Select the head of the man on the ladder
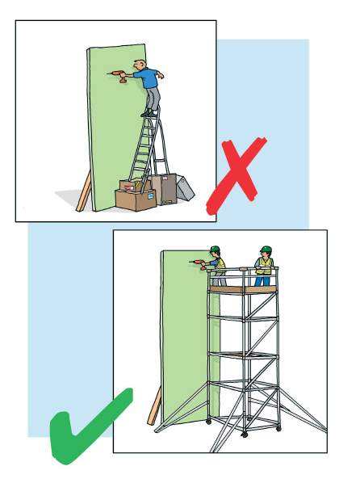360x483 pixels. click(x=143, y=64)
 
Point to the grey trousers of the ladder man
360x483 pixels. click(x=152, y=99)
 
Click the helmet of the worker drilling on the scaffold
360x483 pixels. click(x=215, y=250)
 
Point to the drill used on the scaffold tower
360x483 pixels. click(x=196, y=262)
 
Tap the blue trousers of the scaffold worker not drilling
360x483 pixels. click(x=263, y=279)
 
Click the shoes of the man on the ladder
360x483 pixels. click(x=149, y=114)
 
